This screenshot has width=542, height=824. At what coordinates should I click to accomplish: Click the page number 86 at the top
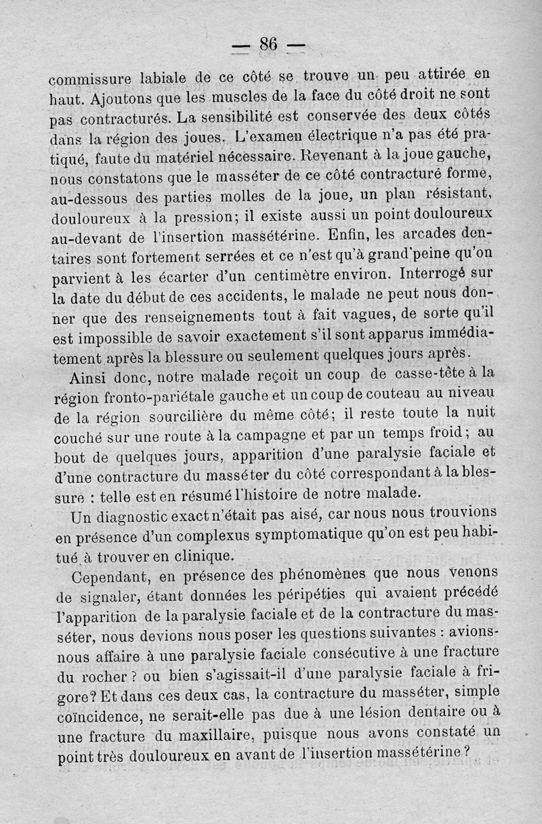(x=268, y=45)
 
